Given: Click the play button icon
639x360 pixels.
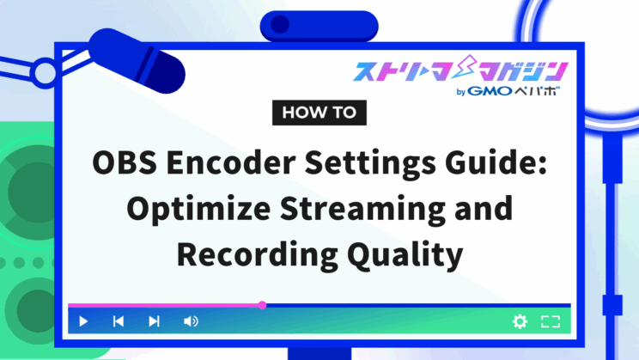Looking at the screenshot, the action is [x=83, y=321].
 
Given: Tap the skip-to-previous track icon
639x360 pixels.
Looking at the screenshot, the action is [x=119, y=321].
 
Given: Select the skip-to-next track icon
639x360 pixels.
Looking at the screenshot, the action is [x=154, y=321].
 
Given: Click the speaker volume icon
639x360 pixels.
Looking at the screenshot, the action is [x=191, y=321].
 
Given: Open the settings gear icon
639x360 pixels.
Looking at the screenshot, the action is [x=520, y=321].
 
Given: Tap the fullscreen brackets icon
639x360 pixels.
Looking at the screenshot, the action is [x=551, y=321].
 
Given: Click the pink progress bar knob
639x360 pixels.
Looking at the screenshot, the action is [x=263, y=305].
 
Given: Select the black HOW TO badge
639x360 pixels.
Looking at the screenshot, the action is [x=319, y=113].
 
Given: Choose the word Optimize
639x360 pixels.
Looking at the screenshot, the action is [x=198, y=209].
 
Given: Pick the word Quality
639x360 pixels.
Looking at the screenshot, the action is [x=405, y=254].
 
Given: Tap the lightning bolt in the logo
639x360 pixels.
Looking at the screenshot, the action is [x=466, y=67].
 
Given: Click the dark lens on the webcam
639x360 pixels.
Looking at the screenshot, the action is [x=280, y=24].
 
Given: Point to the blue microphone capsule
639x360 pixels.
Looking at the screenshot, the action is [x=137, y=61].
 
